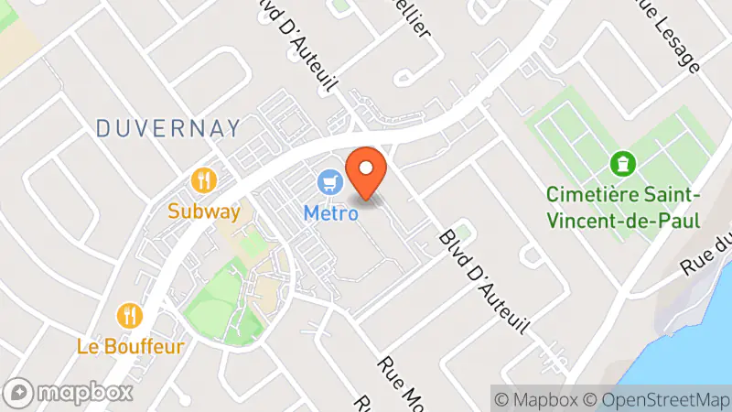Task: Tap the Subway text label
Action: [x=203, y=212]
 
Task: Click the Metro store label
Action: [x=330, y=212]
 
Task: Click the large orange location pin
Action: [x=367, y=173]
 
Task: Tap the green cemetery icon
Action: [x=623, y=164]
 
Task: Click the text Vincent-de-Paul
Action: [x=622, y=221]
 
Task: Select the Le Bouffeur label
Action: [x=131, y=347]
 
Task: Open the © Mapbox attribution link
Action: [x=536, y=399]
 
